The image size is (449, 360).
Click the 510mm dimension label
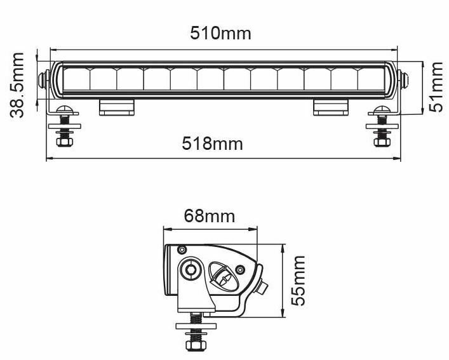[221, 32]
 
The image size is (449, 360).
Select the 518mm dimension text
[213, 143]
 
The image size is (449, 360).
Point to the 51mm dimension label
[436, 86]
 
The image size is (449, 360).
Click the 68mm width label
[210, 216]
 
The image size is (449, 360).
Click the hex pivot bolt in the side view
[190, 270]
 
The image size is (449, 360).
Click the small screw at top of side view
[182, 248]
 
